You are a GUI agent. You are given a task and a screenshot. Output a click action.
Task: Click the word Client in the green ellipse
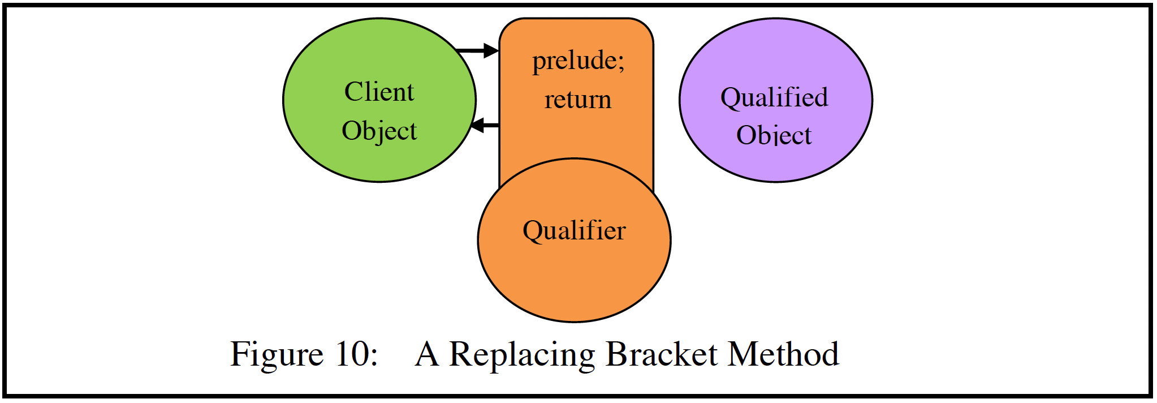(379, 92)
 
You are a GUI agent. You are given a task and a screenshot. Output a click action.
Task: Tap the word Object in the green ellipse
(379, 131)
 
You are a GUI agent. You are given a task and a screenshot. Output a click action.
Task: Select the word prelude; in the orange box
(578, 61)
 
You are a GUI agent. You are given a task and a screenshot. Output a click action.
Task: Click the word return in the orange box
(578, 100)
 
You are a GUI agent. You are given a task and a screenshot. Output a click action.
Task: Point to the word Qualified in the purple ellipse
(774, 97)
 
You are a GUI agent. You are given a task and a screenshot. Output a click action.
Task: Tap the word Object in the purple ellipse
(774, 136)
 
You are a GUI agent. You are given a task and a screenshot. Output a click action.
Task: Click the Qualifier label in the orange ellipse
(574, 231)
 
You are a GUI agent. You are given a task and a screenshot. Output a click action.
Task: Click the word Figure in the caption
(277, 355)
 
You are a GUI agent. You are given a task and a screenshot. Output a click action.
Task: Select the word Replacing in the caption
(521, 355)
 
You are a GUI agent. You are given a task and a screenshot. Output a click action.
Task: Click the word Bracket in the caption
(661, 354)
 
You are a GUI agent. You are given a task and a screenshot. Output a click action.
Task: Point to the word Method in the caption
(783, 354)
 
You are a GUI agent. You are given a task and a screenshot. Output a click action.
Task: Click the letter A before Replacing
(427, 354)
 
